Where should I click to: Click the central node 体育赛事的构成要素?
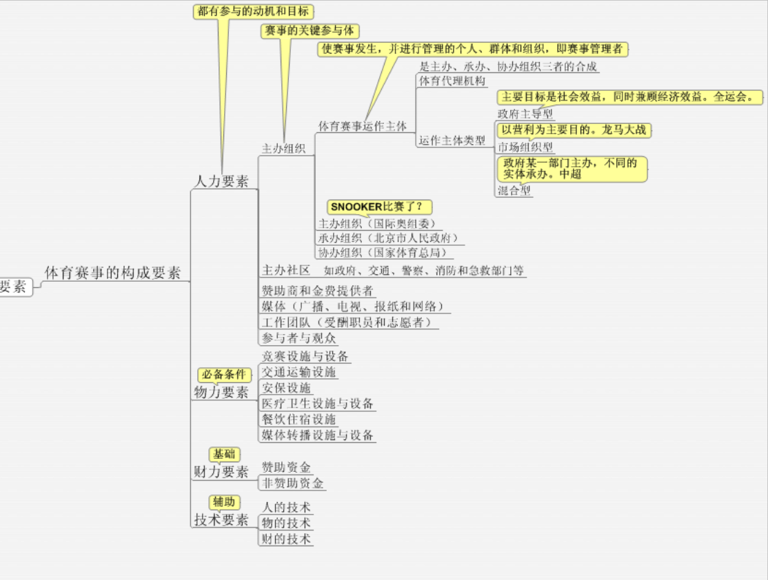pos(112,272)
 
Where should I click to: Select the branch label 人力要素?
pos(221,181)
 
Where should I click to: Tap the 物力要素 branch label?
pos(221,392)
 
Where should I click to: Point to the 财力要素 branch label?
pos(221,472)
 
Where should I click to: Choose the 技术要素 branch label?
pos(221,520)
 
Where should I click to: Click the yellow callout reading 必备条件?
pos(223,375)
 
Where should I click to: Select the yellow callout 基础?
pos(224,454)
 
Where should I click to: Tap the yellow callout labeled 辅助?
pos(224,502)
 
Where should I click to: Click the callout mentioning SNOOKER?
pos(381,206)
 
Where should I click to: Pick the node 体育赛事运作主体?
pos(362,126)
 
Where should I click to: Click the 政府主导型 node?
pos(525,114)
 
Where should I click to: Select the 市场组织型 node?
pos(525,147)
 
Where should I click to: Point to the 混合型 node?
pos(514,191)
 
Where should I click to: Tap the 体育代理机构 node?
pos(452,81)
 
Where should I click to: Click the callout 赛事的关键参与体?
pos(310,31)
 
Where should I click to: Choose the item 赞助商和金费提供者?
pos(318,290)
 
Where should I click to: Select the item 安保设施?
pos(287,388)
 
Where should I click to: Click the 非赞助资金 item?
pos(292,483)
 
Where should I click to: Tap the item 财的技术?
pos(286,539)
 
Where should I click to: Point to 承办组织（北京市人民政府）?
pos(388,238)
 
